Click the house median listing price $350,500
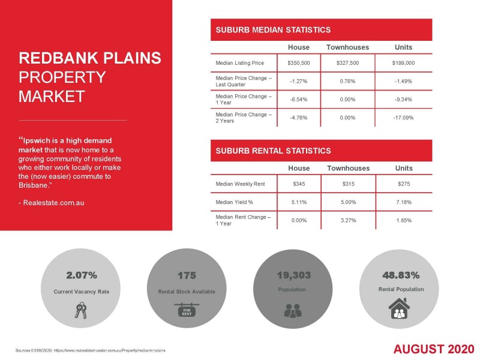click(299, 62)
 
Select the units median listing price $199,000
click(403, 62)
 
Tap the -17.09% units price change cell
click(403, 118)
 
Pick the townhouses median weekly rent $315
click(347, 183)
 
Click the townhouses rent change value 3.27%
click(347, 220)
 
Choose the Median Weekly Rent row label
click(236, 183)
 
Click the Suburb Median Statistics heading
click(273, 29)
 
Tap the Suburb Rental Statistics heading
click(273, 151)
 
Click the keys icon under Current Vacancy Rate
click(81, 310)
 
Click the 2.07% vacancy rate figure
click(81, 275)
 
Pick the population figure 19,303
click(293, 275)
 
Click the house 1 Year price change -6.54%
click(299, 99)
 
